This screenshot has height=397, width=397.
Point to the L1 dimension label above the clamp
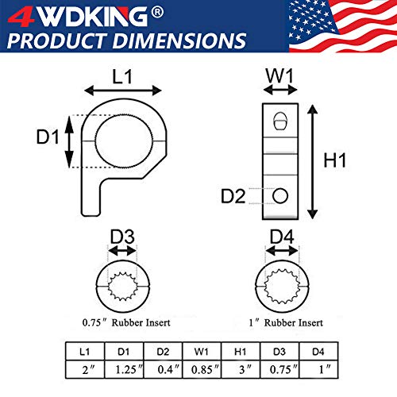[122, 76]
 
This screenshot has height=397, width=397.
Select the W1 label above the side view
[278, 76]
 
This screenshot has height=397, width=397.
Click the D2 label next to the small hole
[233, 195]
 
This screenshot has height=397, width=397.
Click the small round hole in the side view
[279, 195]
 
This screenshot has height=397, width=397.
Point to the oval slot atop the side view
[279, 120]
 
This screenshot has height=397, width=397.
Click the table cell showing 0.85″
[198, 369]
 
